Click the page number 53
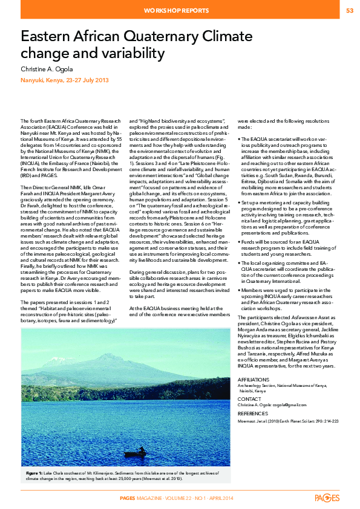click(x=350, y=11)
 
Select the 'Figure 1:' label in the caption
click(x=36, y=471)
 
